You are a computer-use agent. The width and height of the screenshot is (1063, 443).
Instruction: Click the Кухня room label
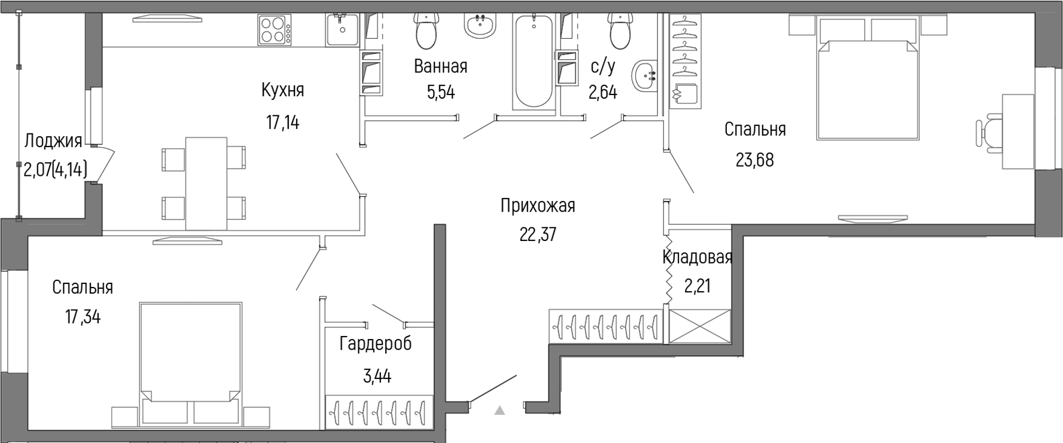coord(282,90)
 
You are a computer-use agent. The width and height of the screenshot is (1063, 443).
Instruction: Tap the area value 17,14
coord(282,123)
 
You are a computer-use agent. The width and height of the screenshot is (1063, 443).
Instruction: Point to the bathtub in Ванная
coord(534,62)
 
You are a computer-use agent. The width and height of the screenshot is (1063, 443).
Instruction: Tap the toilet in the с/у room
coord(620,31)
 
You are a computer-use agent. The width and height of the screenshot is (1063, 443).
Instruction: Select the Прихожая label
coord(538,206)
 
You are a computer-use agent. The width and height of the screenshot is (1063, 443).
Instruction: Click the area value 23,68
coord(754,160)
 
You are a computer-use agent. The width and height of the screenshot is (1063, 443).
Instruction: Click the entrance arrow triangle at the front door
coord(499,411)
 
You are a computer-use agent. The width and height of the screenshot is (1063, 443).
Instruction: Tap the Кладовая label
coord(698,258)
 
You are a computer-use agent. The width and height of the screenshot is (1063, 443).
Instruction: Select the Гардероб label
coord(376,344)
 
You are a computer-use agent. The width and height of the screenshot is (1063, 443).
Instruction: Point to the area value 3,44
coord(377,376)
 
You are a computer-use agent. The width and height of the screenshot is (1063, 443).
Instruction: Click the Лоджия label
coord(53,141)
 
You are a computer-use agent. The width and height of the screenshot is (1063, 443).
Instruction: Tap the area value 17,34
coord(83,317)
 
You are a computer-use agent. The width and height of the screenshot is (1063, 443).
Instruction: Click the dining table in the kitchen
coord(206,183)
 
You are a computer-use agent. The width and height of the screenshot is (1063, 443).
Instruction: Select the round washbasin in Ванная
coord(480,26)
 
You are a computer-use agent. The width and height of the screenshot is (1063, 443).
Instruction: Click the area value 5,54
coord(440,93)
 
